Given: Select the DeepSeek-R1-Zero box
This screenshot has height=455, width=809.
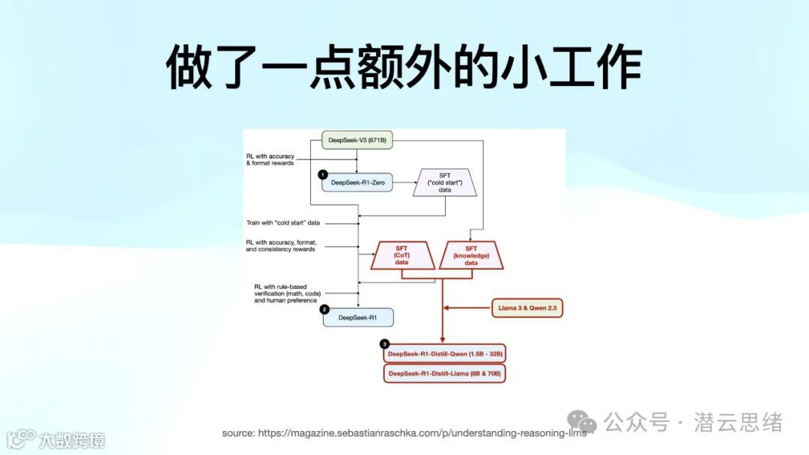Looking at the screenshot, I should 357,182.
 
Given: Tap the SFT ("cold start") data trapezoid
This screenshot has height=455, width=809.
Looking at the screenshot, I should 445,182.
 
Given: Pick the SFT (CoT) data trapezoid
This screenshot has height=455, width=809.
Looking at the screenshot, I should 402,255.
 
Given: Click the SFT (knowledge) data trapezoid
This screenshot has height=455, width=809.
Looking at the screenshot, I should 471,255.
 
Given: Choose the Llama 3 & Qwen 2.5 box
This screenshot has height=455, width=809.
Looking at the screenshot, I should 527,308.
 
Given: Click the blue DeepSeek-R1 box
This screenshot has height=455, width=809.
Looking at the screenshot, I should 358,317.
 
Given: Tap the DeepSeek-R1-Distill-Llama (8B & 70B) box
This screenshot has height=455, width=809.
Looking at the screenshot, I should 445,373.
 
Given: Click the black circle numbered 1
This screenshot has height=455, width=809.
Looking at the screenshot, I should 323,174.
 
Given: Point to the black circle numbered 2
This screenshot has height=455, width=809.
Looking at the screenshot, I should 324,309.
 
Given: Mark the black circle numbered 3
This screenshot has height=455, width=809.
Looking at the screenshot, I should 385,344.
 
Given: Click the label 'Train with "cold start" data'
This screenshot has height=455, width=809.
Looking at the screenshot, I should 288,223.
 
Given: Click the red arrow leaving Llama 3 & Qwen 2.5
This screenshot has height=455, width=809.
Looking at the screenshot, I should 468,308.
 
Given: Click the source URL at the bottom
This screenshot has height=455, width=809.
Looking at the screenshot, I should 404,433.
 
